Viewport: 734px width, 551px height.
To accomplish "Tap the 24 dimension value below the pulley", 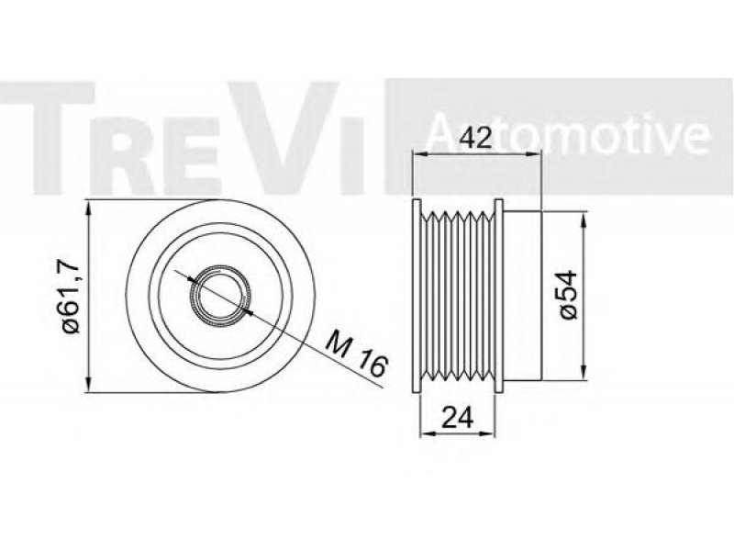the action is coord(457,418).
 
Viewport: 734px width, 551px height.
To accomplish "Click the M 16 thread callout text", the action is coord(357,354).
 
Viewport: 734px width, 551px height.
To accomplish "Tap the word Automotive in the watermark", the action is coord(567,134).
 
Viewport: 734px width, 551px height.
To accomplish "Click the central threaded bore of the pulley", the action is coord(220,296).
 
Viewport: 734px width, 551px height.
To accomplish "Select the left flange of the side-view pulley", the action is coord(416,295).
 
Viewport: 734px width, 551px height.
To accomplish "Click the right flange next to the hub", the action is coord(498,295).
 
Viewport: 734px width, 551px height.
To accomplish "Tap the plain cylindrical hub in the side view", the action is coord(522,295).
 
